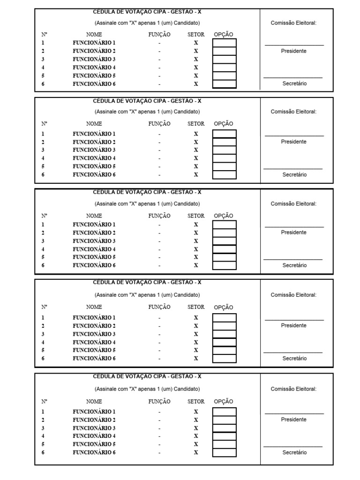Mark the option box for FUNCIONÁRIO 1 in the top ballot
tap(225, 43)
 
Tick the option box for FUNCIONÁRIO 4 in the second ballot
tap(225, 158)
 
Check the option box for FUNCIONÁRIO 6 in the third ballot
tap(225, 265)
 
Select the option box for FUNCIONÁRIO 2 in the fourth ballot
tap(225, 326)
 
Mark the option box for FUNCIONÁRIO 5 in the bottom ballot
tap(225, 444)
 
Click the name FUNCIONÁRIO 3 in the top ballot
tap(94, 59)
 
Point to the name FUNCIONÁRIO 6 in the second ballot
tap(94, 174)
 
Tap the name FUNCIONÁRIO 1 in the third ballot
tap(94, 225)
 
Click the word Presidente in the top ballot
tap(294, 51)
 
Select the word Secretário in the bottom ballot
tap(294, 453)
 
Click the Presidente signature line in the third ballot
tap(294, 227)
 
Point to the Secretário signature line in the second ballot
tap(293, 169)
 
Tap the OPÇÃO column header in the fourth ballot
tap(224, 307)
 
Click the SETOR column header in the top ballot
tap(196, 34)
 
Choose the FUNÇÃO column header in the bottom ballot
tap(159, 402)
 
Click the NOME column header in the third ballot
tap(94, 216)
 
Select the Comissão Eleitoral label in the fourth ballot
tap(293, 295)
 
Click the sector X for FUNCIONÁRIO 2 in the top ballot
tap(196, 51)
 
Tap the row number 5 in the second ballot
tap(43, 166)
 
